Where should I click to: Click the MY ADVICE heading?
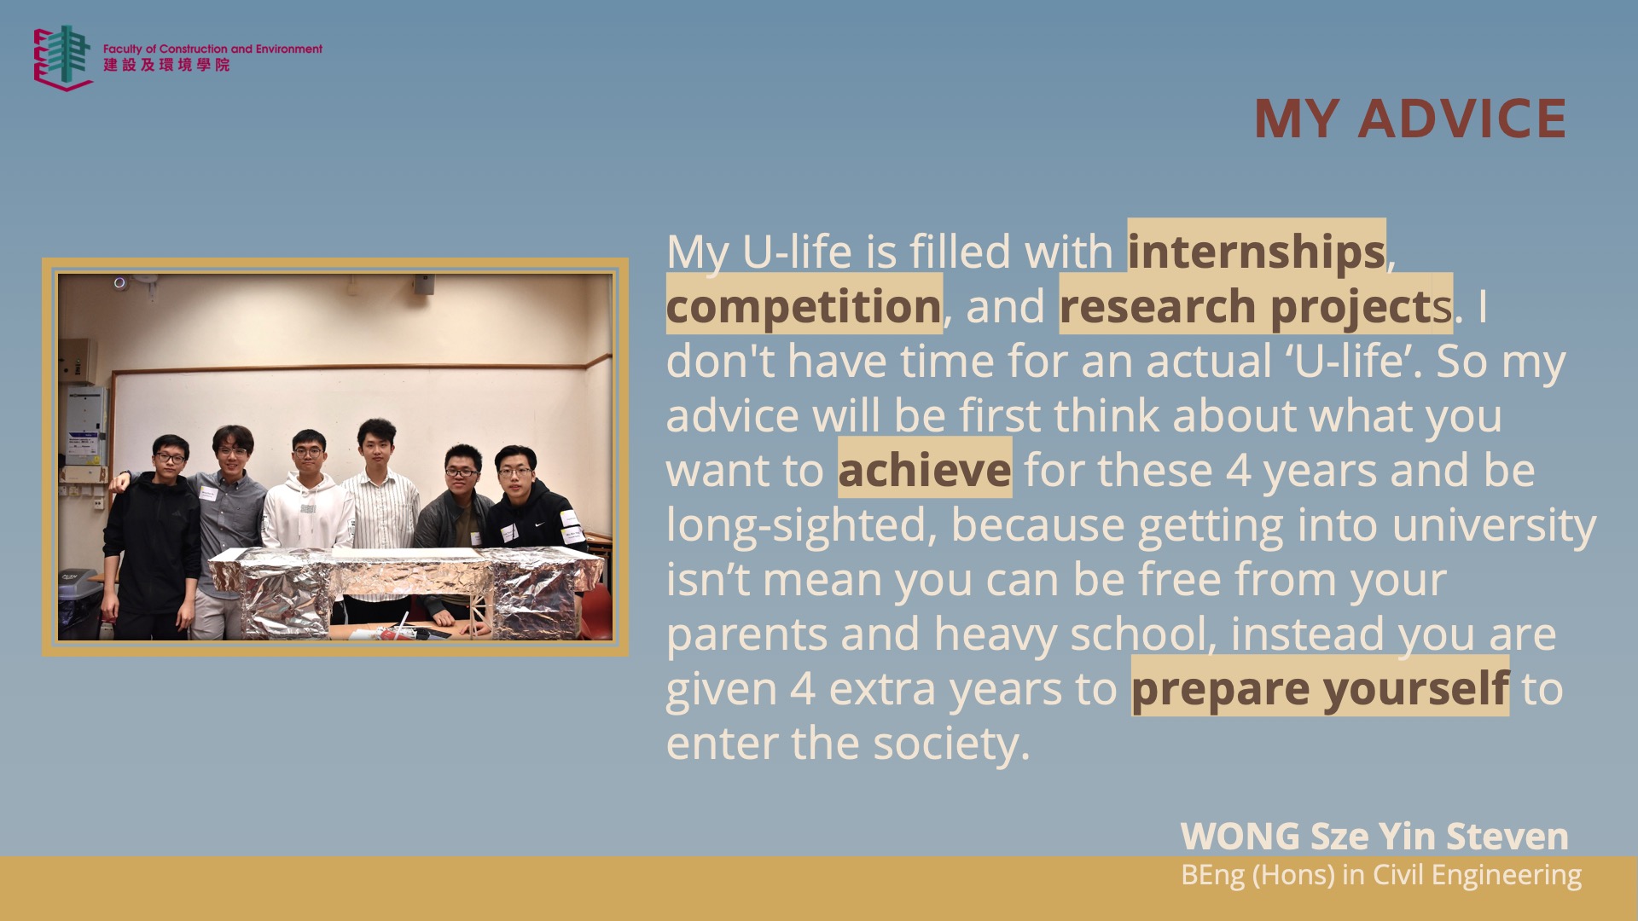point(1410,118)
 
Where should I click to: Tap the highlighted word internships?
point(1257,252)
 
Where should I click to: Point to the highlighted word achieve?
point(925,470)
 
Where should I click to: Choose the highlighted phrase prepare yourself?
point(1320,688)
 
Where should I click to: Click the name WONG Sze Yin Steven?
point(1374,836)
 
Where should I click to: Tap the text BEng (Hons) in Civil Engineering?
point(1381,875)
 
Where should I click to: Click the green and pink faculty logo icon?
point(63,57)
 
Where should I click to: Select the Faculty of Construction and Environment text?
point(212,49)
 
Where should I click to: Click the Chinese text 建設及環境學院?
point(166,65)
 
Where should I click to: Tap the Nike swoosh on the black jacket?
point(540,524)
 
